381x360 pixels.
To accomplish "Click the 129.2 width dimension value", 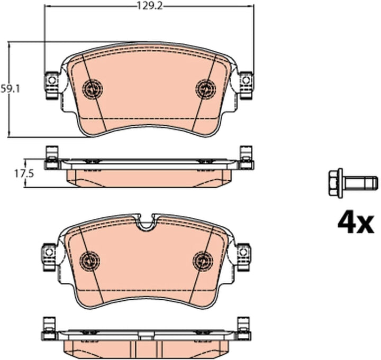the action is (150, 6).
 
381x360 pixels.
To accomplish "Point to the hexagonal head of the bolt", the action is (335, 182).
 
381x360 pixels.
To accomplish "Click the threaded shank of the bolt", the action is (360, 182).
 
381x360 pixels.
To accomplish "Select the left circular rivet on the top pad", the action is (93, 88).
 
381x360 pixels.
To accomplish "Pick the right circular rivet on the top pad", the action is (206, 88).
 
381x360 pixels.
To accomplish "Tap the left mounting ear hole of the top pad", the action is (51, 80).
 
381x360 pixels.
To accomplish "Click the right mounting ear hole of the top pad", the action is (246, 80).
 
